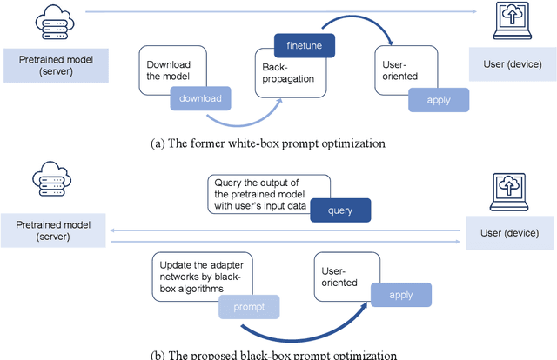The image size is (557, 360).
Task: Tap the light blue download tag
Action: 200,98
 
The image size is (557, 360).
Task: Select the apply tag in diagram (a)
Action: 438,100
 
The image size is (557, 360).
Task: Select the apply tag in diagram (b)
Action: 400,295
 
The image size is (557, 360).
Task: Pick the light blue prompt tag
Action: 249,307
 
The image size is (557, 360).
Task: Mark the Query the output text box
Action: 268,192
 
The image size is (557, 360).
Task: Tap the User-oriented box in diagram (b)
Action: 342,276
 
